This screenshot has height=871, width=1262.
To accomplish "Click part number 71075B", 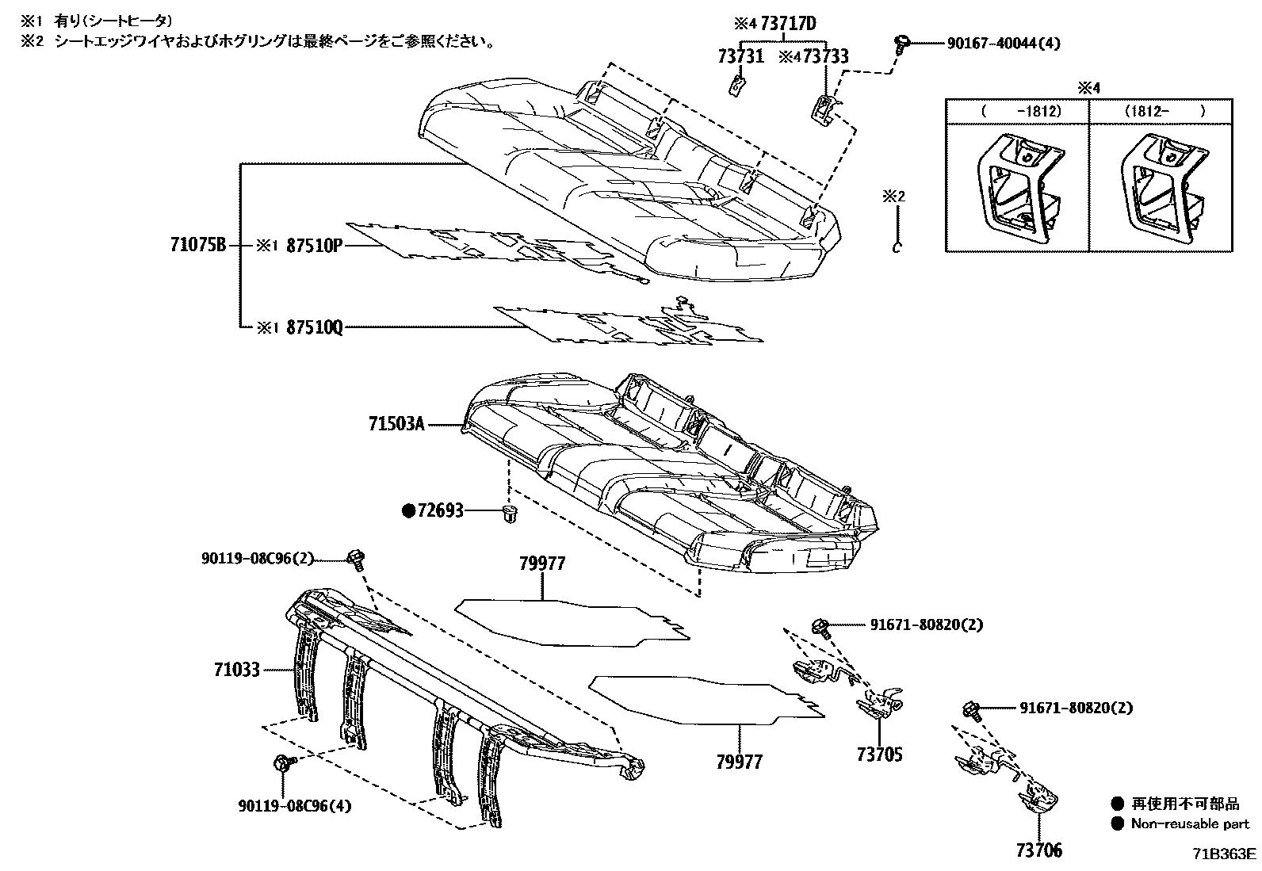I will [198, 246].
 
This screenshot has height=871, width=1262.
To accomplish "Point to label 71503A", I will [396, 425].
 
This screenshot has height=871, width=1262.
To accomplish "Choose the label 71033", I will [236, 670].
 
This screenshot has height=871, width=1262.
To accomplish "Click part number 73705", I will [878, 754].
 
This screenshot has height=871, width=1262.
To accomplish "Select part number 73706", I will [1038, 851].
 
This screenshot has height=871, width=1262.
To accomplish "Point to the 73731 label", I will [740, 56].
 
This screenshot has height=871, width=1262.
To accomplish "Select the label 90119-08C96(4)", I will [294, 807].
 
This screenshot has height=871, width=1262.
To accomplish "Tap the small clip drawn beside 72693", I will [510, 514].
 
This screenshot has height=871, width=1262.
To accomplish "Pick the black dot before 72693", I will [409, 511].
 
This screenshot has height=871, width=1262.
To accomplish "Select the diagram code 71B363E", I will [1226, 854].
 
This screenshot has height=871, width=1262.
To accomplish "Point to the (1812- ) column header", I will [1162, 112].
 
